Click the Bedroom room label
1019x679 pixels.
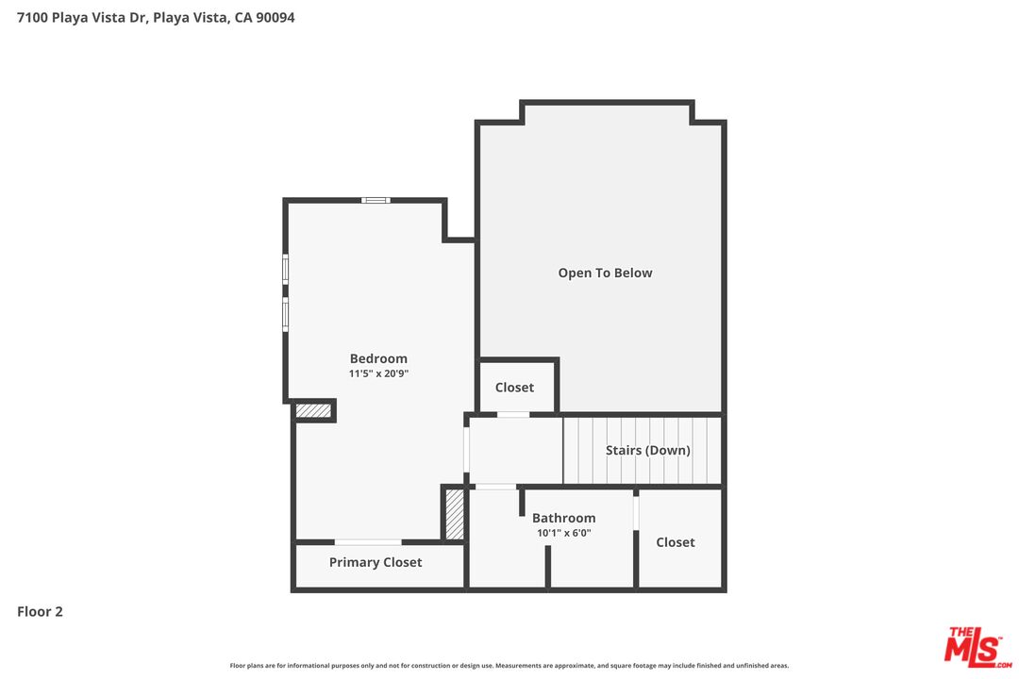pyautogui.click(x=378, y=358)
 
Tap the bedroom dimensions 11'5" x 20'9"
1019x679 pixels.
pyautogui.click(x=378, y=373)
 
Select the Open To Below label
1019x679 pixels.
pyautogui.click(x=605, y=273)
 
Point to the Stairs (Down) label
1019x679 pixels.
pyautogui.click(x=648, y=450)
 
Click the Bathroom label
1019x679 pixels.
pyautogui.click(x=563, y=518)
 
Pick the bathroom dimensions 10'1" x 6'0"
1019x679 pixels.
pyautogui.click(x=563, y=533)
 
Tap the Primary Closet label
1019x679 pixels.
pyautogui.click(x=376, y=562)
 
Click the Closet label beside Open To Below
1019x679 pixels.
pyautogui.click(x=514, y=388)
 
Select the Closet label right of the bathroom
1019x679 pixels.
pyautogui.click(x=676, y=542)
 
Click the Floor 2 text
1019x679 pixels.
pyautogui.click(x=40, y=611)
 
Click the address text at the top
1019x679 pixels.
pyautogui.click(x=156, y=17)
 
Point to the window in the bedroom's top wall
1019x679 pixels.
pyautogui.click(x=376, y=200)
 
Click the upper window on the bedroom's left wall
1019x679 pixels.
pyautogui.click(x=285, y=269)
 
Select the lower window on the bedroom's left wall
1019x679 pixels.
pyautogui.click(x=285, y=314)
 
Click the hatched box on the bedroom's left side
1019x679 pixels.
pyautogui.click(x=313, y=410)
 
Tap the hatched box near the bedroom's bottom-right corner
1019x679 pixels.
pyautogui.click(x=455, y=514)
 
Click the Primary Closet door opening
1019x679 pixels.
pyautogui.click(x=368, y=541)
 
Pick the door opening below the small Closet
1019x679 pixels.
pyautogui.click(x=513, y=414)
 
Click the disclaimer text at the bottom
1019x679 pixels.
pyautogui.click(x=509, y=666)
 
